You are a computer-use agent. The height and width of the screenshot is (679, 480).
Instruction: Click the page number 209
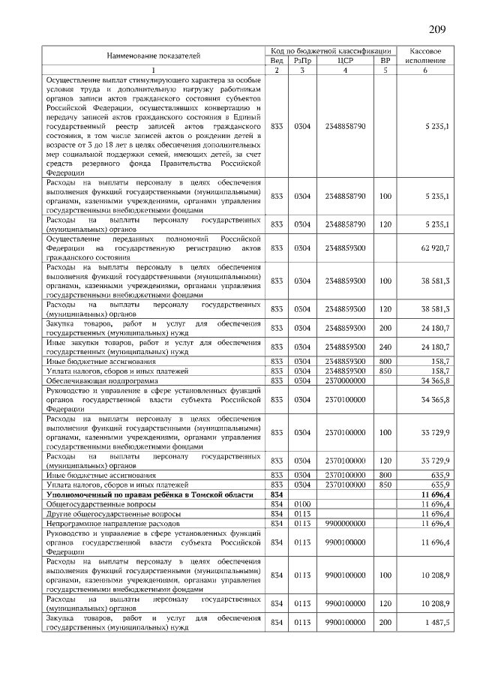437,30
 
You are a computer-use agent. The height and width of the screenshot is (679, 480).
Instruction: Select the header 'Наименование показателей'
154,55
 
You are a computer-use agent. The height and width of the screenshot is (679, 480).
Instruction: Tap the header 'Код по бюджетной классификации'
331,50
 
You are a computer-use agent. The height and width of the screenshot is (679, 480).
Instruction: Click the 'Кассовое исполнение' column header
424,55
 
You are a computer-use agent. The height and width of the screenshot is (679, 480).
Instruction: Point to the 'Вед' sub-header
276,60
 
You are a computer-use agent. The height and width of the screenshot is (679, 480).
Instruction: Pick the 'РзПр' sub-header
302,60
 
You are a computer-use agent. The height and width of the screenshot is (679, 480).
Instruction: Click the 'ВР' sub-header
385,60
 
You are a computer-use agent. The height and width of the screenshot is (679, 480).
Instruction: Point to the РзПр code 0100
302,504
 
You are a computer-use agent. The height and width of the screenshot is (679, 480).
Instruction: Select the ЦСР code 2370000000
346,380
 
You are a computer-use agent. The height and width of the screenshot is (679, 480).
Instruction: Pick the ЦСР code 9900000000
346,523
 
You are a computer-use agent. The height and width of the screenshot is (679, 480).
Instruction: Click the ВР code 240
385,347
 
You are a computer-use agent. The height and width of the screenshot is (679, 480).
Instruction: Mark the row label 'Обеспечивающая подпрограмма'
94,380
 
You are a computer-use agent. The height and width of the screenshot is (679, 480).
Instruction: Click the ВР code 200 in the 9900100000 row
385,623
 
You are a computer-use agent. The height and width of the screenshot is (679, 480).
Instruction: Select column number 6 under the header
424,70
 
